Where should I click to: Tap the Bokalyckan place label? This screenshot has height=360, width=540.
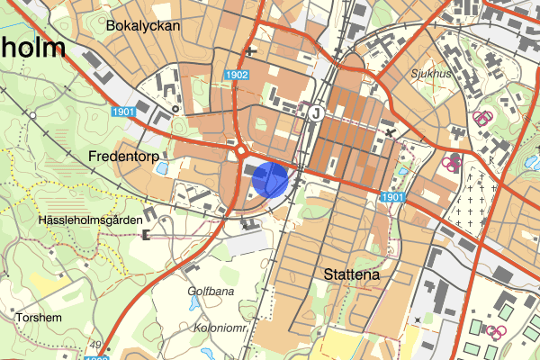pos(143,26)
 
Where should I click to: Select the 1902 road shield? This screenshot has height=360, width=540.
pos(238,76)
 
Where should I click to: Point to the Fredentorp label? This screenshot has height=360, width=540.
pos(124,156)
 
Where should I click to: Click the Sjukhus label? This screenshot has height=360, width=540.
pos(432,74)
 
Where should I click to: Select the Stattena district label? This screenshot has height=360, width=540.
pos(350,274)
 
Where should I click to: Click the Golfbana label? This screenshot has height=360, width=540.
pos(211,292)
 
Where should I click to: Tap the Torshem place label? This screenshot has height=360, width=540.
pos(38,318)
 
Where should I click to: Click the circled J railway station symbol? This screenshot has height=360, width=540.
pos(316,113)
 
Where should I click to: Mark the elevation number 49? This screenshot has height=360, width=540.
pos(95,345)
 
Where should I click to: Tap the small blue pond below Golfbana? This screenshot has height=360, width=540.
pos(194,306)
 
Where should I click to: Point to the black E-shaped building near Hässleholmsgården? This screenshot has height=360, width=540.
pos(146,235)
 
